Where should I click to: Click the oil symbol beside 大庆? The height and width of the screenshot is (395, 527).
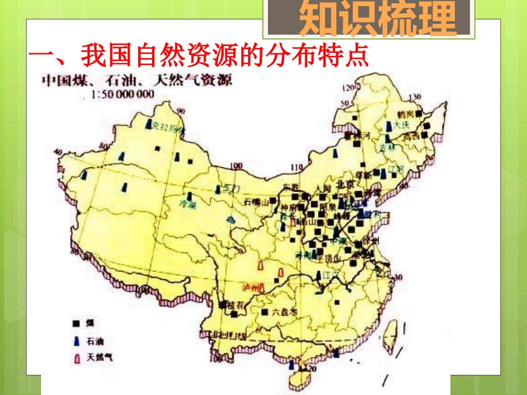(389, 127)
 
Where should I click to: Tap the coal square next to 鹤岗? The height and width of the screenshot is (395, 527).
(419, 114)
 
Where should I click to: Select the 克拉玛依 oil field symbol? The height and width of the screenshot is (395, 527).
(148, 125)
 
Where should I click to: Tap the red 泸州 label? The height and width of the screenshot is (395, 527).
(251, 288)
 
